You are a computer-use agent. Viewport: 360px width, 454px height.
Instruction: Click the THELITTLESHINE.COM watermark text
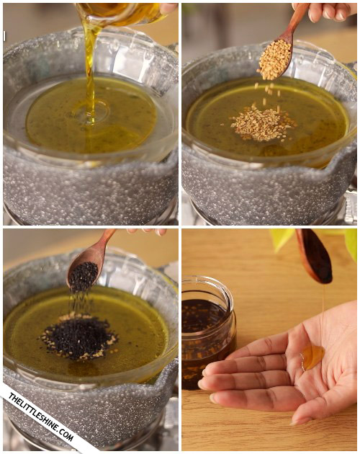[41, 417]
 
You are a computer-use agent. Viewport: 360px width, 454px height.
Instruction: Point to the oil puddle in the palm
[312, 357]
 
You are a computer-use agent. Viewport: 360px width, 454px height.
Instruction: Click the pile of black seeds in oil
[78, 337]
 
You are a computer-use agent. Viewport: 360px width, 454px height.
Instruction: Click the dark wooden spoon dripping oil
[315, 257]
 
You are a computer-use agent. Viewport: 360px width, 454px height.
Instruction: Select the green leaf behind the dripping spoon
[282, 239]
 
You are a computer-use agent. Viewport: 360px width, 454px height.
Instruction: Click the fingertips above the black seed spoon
[147, 231]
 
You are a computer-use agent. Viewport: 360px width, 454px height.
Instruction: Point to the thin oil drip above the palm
[323, 314]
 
